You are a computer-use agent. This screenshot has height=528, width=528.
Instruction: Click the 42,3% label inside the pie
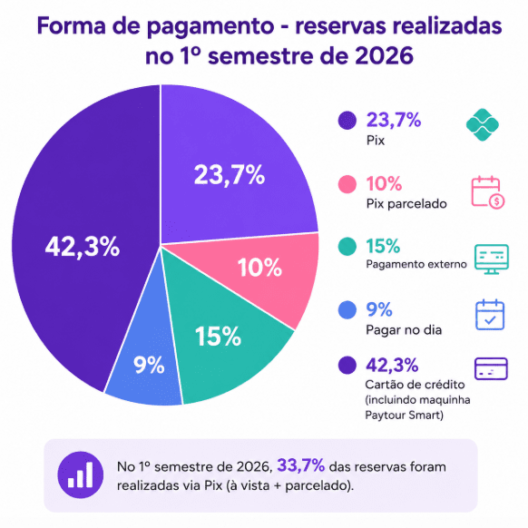click(x=83, y=247)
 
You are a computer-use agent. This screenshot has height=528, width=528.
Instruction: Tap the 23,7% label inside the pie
click(x=230, y=175)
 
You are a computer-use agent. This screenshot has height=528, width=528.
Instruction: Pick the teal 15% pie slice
click(x=219, y=340)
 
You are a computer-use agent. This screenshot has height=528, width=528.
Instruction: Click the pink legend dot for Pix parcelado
click(x=347, y=184)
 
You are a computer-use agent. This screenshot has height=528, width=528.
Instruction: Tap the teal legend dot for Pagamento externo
click(x=347, y=247)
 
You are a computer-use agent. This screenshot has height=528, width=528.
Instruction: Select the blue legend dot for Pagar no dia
click(x=347, y=309)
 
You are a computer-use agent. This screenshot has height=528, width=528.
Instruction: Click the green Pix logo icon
click(x=483, y=124)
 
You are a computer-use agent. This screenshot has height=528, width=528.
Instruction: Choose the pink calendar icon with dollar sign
click(x=487, y=192)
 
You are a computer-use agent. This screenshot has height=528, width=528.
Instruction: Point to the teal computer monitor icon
click(x=492, y=259)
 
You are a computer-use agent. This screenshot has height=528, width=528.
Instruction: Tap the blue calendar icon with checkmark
click(x=490, y=315)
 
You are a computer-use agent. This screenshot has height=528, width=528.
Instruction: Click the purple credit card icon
click(x=491, y=368)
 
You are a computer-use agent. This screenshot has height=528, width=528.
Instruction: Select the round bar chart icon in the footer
click(x=81, y=474)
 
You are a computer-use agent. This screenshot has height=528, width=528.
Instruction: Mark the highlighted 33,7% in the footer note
click(x=300, y=465)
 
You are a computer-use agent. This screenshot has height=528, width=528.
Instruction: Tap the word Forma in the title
click(x=72, y=26)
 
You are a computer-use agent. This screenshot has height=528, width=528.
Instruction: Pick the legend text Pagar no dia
click(x=404, y=329)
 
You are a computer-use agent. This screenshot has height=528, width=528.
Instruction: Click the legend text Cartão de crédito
click(x=415, y=385)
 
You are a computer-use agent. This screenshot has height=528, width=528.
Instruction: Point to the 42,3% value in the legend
click(x=392, y=365)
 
